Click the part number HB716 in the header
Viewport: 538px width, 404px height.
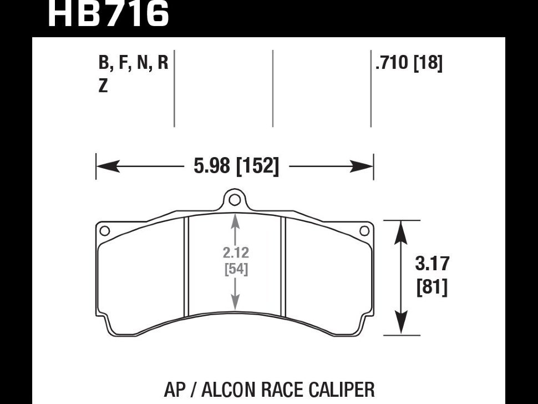click(108, 14)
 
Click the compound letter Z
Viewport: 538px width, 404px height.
click(103, 87)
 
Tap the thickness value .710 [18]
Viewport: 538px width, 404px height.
click(409, 63)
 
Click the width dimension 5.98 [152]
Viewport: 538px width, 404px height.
click(236, 166)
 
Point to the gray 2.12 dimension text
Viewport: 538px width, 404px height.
click(236, 253)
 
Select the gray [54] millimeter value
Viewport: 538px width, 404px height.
click(236, 270)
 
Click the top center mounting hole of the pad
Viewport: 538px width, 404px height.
click(235, 200)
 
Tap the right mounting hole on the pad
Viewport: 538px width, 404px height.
click(364, 230)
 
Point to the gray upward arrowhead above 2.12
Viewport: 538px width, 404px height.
click(236, 220)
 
